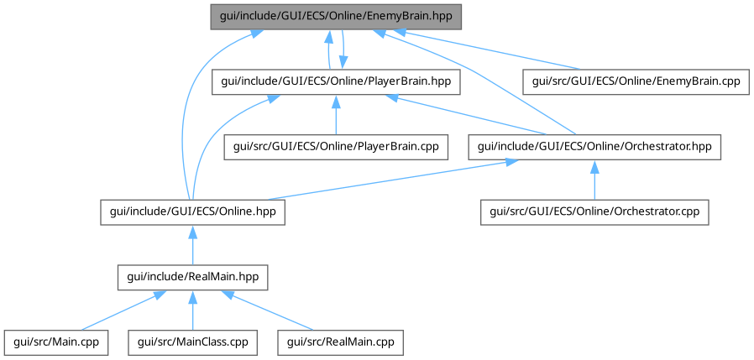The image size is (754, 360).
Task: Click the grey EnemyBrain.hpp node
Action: coord(336,17)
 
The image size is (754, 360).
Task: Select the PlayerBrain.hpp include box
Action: coord(336,81)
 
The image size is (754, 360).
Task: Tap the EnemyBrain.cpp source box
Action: coord(636,81)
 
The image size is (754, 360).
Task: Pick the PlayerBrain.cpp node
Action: coord(336,147)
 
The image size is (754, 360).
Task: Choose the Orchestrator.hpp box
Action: coord(594,147)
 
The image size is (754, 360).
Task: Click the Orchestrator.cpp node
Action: coord(594,211)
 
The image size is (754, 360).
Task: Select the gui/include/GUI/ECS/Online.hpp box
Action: coord(193,211)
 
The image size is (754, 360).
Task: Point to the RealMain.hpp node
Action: coord(193,277)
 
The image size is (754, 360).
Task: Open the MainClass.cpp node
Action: coord(193,342)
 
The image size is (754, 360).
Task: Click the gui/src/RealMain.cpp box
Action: coord(340,342)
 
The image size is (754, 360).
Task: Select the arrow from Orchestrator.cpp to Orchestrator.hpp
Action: coord(594,180)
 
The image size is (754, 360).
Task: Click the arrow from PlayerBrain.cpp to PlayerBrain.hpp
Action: coord(336,114)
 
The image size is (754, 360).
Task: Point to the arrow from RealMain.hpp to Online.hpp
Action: coord(193,245)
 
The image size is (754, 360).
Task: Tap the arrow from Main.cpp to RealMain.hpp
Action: coord(118,311)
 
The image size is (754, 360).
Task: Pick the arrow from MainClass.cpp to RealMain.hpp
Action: coord(193,310)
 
